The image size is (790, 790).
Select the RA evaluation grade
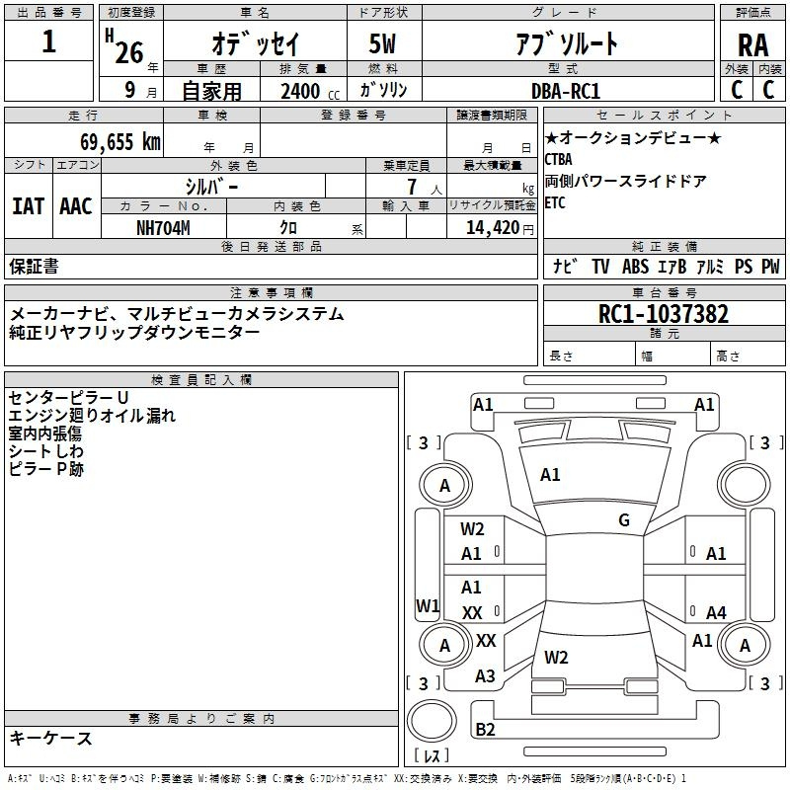coord(752,44)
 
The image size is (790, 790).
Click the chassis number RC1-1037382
coord(664,315)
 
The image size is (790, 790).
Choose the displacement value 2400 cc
coord(307,91)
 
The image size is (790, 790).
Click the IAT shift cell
coord(29,205)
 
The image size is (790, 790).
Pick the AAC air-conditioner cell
coord(75,205)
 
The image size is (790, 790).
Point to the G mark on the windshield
coord(624,520)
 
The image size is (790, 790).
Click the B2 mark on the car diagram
coord(485,730)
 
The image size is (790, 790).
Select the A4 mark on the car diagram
coord(716,613)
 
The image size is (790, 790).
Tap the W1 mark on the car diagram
coord(427,604)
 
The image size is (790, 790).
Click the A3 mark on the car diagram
coord(485,676)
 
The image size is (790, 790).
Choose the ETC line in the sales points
coord(556,202)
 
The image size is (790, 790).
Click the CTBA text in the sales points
coord(559,159)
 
